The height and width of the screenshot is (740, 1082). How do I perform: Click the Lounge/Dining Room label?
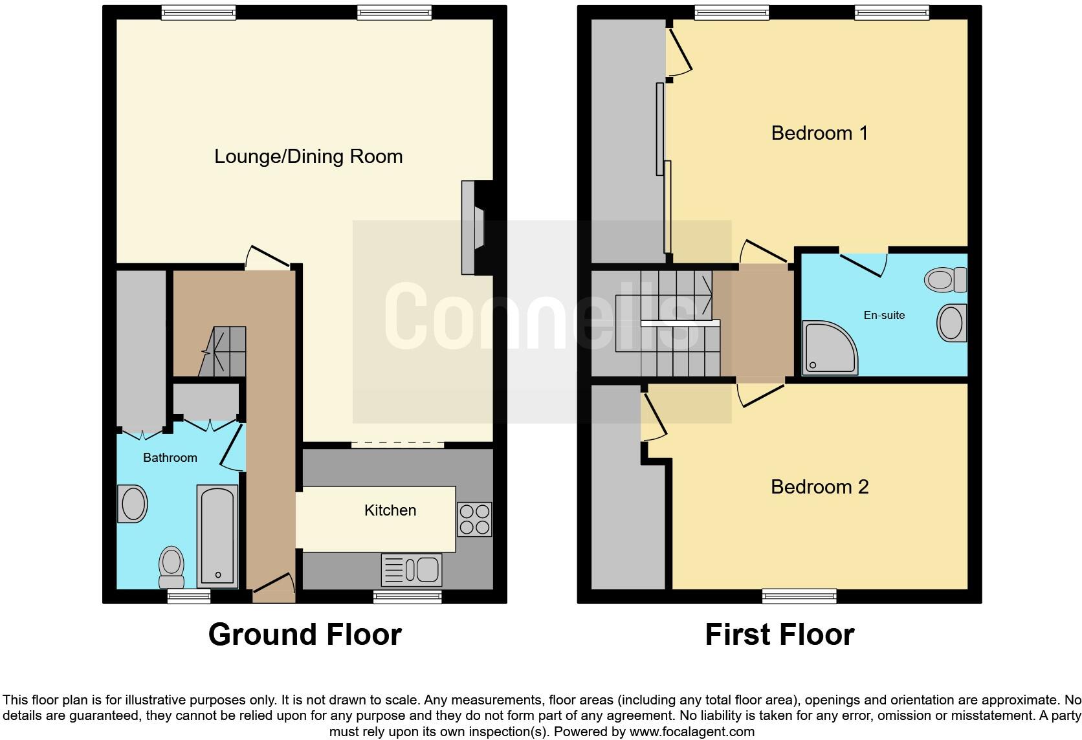point(308,157)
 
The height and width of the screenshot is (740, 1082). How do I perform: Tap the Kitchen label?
point(390,510)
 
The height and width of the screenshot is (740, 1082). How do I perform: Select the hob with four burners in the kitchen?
point(474,519)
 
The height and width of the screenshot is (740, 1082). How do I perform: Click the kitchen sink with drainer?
point(412,570)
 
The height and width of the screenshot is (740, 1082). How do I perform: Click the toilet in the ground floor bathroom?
point(171,566)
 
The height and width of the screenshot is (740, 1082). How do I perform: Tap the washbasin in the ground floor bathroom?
point(133,505)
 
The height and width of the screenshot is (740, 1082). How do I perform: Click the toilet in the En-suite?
point(945,280)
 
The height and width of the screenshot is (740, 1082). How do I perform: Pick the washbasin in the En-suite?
point(951,323)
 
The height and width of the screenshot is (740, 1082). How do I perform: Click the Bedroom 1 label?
point(819,133)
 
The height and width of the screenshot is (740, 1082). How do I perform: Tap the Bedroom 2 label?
point(819,487)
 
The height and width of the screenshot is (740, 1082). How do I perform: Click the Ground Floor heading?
point(305,635)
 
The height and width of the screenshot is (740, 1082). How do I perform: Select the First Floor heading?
point(779,635)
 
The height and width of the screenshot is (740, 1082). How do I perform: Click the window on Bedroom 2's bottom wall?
point(799,596)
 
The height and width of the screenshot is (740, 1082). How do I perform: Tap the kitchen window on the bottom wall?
point(408,596)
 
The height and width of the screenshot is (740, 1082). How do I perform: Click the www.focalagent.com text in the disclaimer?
point(692,732)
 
